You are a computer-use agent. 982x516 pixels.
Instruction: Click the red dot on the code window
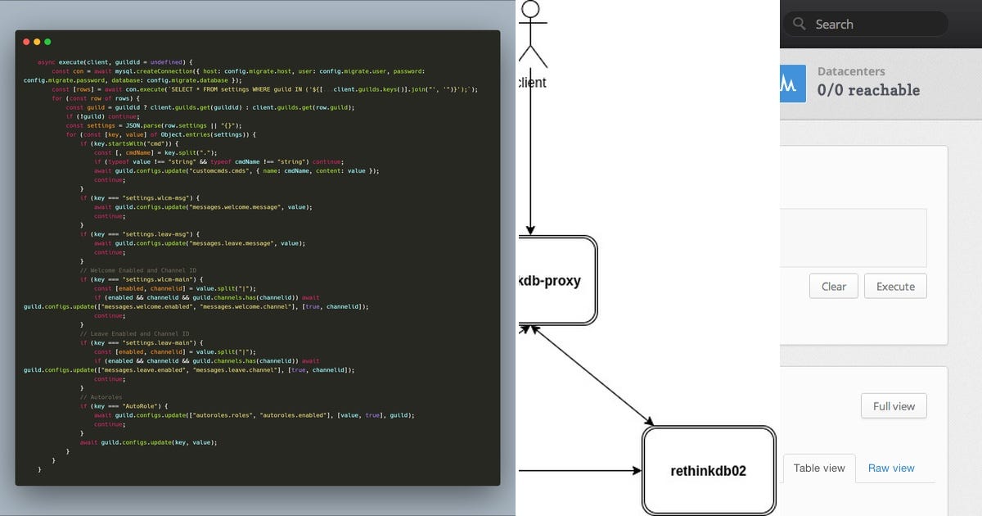(26, 42)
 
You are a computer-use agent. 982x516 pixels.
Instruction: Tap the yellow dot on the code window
(37, 42)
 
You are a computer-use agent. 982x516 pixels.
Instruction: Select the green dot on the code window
(47, 42)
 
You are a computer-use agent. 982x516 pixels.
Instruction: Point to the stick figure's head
(531, 9)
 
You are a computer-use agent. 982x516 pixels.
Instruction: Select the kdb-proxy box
(556, 280)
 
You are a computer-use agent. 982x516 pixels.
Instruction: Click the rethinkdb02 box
(709, 470)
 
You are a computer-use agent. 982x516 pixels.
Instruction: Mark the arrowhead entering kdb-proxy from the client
(531, 230)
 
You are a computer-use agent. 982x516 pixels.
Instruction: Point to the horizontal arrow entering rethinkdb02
(581, 471)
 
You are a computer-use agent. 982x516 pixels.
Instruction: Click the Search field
(876, 25)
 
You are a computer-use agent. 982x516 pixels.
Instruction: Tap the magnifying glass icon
(800, 25)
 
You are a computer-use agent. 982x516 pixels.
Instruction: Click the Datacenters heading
(851, 71)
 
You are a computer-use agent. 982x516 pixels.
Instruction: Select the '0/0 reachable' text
(868, 90)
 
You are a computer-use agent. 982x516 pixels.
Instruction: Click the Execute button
(895, 287)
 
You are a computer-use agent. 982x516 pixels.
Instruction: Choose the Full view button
(894, 406)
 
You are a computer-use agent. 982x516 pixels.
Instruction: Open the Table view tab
(819, 468)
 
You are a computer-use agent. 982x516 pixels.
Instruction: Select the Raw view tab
(891, 468)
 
